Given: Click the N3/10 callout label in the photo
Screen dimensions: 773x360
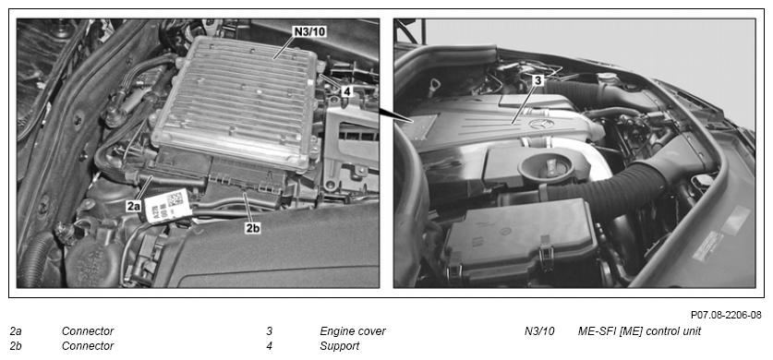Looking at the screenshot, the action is [310, 31].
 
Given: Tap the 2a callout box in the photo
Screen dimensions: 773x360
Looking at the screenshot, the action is [134, 207].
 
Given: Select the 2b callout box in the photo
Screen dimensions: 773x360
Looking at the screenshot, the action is [252, 229].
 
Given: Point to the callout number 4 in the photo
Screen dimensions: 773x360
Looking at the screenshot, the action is [347, 91].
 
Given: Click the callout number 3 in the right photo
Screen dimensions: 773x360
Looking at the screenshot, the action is [537, 80].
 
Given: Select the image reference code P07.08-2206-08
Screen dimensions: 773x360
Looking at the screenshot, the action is [726, 314].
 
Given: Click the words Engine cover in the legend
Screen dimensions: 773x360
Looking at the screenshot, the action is [353, 331].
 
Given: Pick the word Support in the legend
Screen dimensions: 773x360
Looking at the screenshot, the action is [340, 346].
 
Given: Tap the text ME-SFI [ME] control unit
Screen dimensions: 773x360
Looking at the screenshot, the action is [639, 331].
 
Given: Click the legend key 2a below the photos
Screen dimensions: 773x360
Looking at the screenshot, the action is [16, 331].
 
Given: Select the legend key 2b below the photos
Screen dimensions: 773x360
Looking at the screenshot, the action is [16, 346].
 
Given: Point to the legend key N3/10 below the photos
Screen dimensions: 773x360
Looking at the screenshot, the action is [539, 331].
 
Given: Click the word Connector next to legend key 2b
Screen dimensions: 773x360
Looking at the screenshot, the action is [88, 346].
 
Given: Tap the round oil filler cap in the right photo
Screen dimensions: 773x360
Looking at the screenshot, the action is [546, 167].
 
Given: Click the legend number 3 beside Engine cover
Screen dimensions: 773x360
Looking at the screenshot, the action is [269, 331].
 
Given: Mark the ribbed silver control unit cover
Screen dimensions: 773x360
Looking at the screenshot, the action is [236, 101].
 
